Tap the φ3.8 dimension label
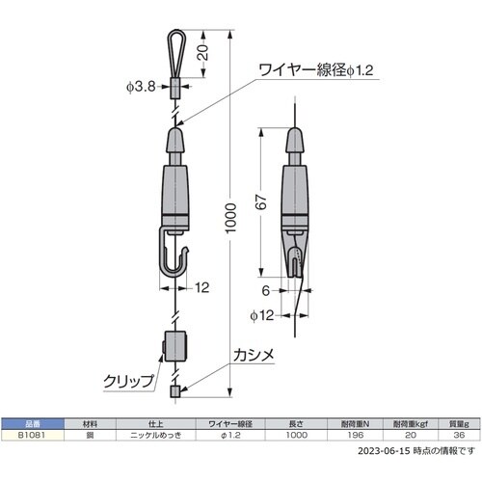click(141, 87)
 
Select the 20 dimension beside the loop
click(202, 52)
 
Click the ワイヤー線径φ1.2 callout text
click(316, 70)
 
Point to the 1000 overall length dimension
click(230, 218)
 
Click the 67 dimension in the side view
click(261, 201)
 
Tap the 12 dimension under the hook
click(202, 287)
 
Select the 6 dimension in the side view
click(265, 290)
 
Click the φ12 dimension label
click(262, 315)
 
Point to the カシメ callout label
click(254, 356)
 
